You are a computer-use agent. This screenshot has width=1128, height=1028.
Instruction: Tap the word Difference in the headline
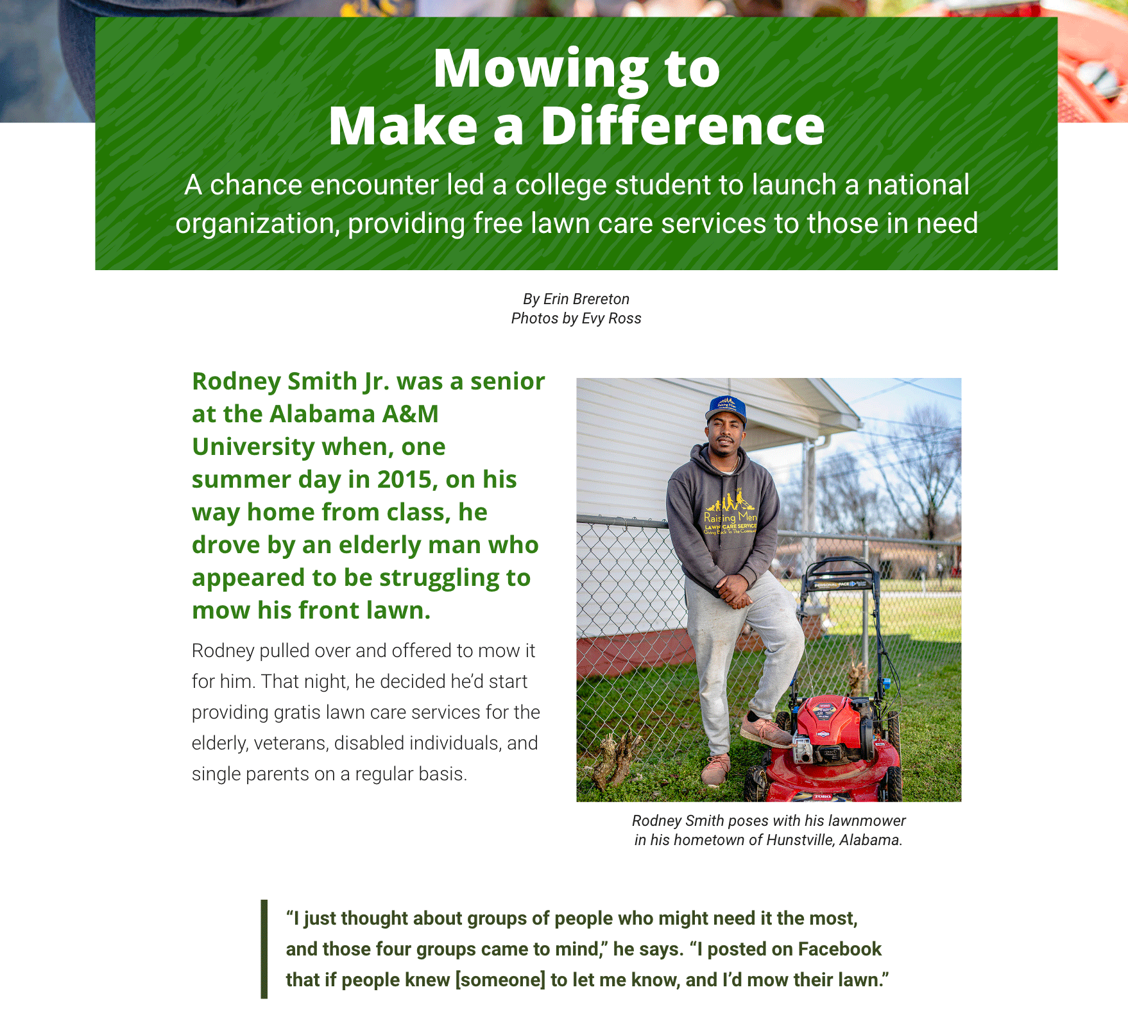click(x=682, y=126)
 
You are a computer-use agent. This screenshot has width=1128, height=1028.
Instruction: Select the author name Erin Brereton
click(x=586, y=299)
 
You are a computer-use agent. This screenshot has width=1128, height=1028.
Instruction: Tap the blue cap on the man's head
click(x=727, y=409)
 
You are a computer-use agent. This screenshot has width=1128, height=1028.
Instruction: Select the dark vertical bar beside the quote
click(x=264, y=949)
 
